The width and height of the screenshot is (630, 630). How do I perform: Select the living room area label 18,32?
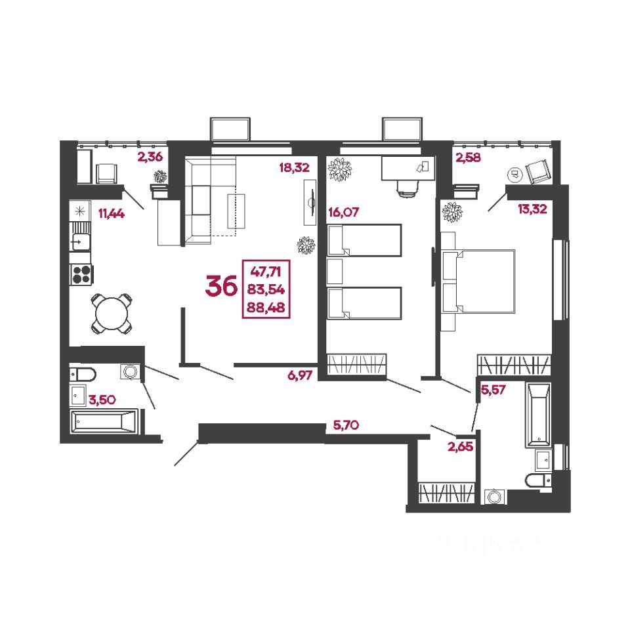tap(293, 167)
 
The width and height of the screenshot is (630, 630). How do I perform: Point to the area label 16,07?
tap(343, 212)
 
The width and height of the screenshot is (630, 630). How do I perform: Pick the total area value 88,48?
tap(267, 306)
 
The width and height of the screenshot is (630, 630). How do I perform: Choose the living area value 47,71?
tap(267, 269)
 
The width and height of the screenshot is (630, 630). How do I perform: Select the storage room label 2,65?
tap(459, 448)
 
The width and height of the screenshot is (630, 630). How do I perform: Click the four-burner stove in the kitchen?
tap(81, 274)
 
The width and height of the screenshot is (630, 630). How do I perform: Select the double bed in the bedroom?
tap(480, 280)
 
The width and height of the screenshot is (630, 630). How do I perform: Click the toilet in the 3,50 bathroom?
tap(83, 374)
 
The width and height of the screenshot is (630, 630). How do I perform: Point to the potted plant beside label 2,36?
tap(160, 176)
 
